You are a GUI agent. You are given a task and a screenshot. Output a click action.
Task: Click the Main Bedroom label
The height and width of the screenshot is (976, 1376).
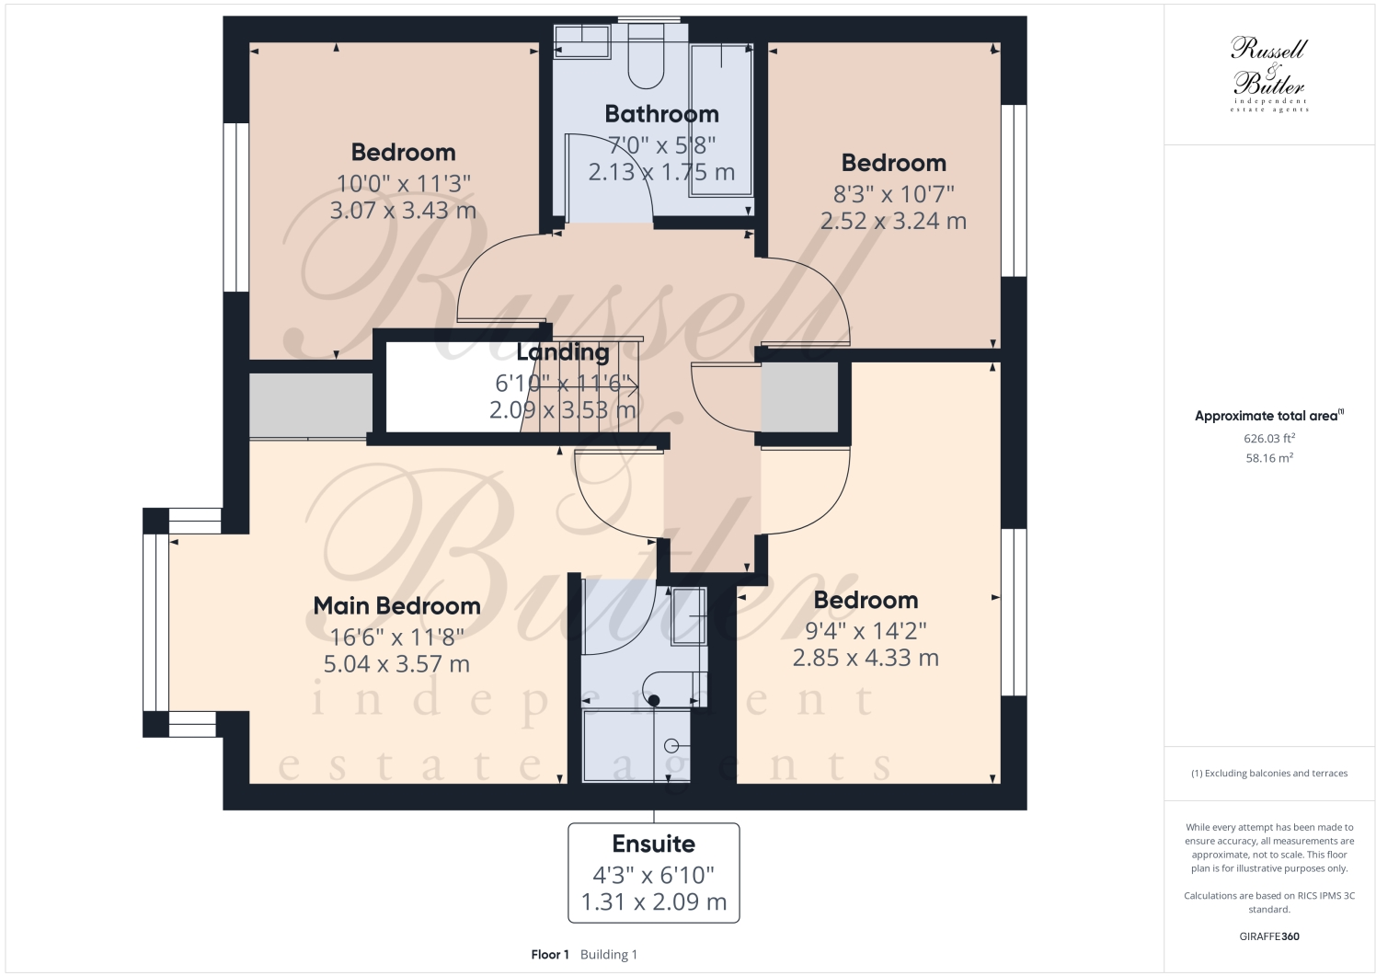[x=396, y=606]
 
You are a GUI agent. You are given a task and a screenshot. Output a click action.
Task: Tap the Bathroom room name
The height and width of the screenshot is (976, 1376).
[x=661, y=114]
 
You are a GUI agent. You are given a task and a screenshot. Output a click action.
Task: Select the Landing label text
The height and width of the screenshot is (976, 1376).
[x=563, y=352]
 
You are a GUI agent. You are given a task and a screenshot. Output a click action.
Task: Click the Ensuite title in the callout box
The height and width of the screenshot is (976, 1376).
[x=653, y=844]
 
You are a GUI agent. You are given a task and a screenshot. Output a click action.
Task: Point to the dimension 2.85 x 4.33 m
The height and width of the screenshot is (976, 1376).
[x=866, y=658]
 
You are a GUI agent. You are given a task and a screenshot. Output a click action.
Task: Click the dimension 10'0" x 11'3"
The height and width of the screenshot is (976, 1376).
[x=403, y=183]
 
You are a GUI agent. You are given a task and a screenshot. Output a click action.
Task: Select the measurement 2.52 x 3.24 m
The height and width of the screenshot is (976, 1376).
[x=893, y=221]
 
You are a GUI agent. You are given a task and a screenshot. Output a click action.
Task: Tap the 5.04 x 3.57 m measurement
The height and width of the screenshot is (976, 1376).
[x=396, y=664]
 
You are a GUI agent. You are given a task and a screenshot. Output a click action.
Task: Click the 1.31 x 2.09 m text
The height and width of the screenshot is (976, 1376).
[x=653, y=902]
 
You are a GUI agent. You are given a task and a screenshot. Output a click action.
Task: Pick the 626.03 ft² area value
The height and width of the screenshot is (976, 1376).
[x=1268, y=439]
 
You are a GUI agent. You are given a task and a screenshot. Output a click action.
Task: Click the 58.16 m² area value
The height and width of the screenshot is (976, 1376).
[x=1268, y=457]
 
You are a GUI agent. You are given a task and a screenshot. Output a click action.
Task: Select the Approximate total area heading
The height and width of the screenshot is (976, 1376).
[x=1268, y=416]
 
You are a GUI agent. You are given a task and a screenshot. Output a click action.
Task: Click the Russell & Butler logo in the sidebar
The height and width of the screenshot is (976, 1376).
[x=1268, y=74]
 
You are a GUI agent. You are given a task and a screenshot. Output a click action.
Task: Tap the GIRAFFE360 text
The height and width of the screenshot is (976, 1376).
[x=1268, y=936]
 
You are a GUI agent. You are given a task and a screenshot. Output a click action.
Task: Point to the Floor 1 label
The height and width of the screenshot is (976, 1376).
[x=550, y=955]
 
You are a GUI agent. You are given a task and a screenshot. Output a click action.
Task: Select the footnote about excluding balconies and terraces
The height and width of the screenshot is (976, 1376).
[x=1268, y=774]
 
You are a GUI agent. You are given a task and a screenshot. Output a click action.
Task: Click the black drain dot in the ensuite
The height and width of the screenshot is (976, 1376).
[x=654, y=701]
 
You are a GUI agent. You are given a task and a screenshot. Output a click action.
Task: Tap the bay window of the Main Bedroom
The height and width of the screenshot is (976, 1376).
[x=156, y=623]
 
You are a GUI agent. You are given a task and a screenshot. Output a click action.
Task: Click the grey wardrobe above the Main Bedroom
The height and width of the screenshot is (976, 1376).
[x=310, y=405]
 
